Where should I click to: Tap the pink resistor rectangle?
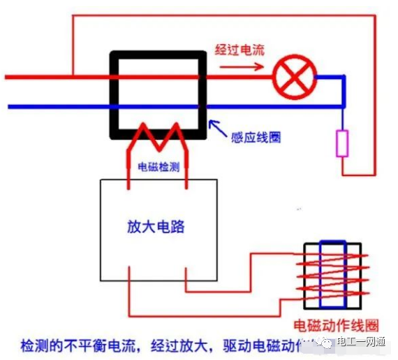[x=342, y=143]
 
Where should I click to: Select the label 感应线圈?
[x=256, y=137]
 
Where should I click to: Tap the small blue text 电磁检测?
[x=158, y=168]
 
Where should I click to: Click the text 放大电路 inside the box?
[x=157, y=227]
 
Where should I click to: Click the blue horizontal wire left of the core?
[x=56, y=106]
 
